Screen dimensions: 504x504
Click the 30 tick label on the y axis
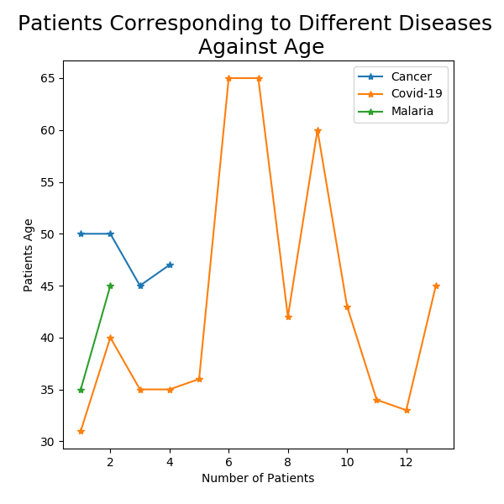(x=48, y=442)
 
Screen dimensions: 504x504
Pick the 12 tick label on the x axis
(x=407, y=462)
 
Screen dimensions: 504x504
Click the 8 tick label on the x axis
(x=288, y=462)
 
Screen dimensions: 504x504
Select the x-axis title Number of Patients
(x=258, y=479)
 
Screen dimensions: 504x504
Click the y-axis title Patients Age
(x=29, y=255)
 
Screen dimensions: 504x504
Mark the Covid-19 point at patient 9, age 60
(x=318, y=130)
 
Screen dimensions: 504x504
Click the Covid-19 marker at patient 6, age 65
(x=228, y=78)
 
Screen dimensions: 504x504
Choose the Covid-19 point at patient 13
(x=436, y=286)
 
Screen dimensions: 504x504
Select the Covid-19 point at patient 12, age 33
(x=407, y=411)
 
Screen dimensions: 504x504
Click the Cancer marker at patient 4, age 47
(x=170, y=265)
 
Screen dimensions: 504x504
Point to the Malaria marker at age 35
(x=81, y=390)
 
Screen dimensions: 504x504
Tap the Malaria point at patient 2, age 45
(x=110, y=286)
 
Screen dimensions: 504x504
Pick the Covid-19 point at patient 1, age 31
(x=81, y=431)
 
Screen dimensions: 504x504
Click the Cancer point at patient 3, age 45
(x=140, y=286)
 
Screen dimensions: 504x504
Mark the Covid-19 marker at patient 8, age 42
(x=288, y=317)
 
